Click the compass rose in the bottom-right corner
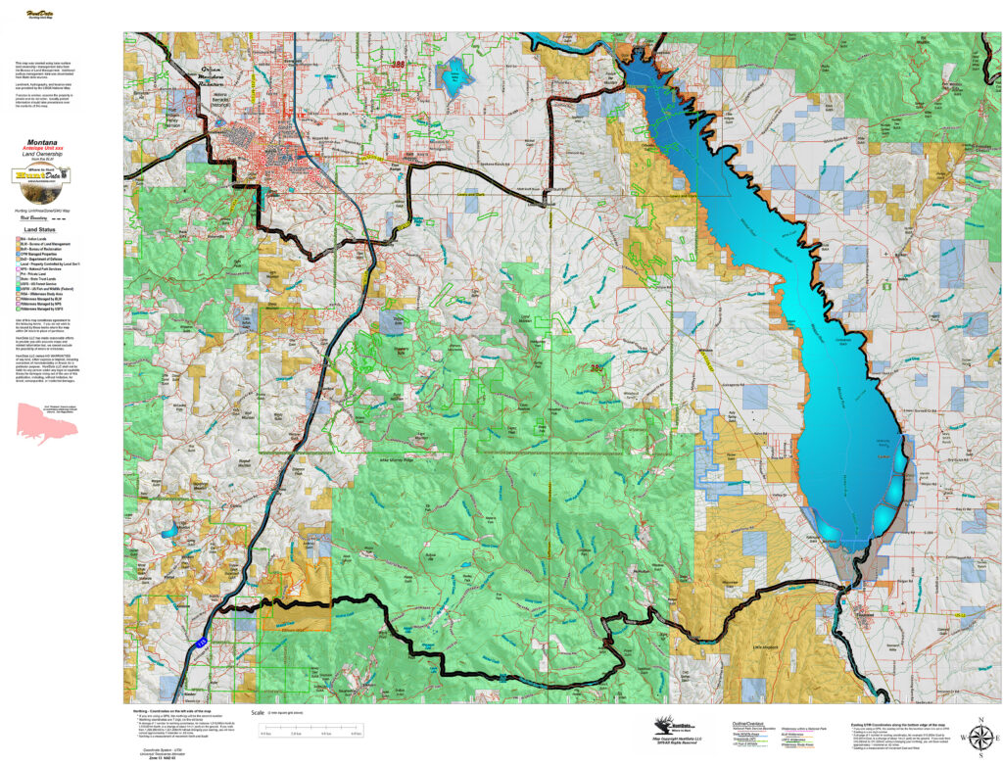pyautogui.click(x=979, y=735)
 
